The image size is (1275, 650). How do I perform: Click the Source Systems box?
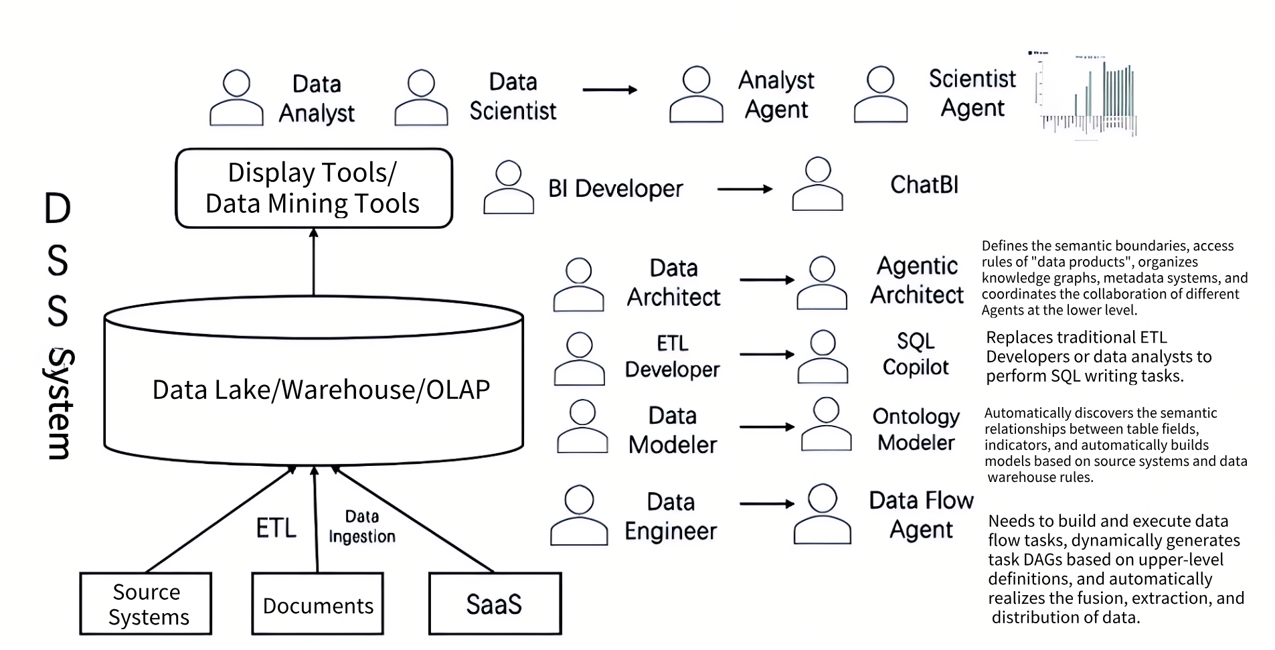coord(146,604)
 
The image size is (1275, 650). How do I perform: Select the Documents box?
coord(318,604)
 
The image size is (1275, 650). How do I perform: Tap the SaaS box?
coord(495,604)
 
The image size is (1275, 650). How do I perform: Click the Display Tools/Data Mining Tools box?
coord(313,188)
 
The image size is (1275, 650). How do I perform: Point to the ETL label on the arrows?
coord(276,528)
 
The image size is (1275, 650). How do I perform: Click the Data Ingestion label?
coord(361,527)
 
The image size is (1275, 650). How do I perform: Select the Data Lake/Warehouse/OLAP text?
coord(321,390)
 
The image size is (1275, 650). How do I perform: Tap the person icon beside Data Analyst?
coord(236,98)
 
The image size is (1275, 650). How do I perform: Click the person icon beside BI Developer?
coord(508,187)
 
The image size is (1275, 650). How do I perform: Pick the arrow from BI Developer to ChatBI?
coord(744,189)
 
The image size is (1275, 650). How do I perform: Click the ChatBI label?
coord(924,185)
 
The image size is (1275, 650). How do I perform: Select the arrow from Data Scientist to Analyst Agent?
coord(609,90)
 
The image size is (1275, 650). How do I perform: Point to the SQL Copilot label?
coord(915,354)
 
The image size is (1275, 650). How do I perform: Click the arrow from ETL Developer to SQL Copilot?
coord(766,354)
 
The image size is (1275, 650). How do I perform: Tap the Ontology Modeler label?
coord(916,429)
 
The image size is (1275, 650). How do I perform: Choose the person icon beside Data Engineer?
coord(579,515)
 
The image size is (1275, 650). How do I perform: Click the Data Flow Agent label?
coord(921,515)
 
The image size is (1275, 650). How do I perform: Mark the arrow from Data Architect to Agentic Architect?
coord(766,280)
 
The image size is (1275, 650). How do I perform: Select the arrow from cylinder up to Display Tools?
coord(313,262)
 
